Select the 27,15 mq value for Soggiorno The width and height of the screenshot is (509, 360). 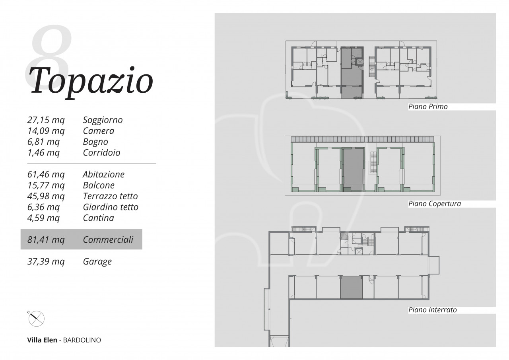point(46,120)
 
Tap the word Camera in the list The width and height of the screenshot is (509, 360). point(99,131)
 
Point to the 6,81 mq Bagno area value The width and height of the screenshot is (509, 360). point(43,142)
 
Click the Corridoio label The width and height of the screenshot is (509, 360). point(101,152)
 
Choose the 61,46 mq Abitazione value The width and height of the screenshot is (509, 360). point(46,175)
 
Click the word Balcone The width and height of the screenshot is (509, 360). point(99,185)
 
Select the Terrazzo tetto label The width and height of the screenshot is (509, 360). point(111,196)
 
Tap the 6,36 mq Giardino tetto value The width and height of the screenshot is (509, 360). point(43,207)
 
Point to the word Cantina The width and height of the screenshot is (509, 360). point(98,218)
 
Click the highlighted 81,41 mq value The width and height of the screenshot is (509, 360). point(46,240)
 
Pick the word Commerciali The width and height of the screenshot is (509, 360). point(108,239)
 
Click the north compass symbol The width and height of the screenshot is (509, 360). point(36,318)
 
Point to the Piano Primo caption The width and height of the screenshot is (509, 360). point(428,107)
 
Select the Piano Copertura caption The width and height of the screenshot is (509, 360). point(435,204)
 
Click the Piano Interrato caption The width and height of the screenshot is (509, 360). point(432,310)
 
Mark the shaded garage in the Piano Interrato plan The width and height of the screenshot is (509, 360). point(351,287)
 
